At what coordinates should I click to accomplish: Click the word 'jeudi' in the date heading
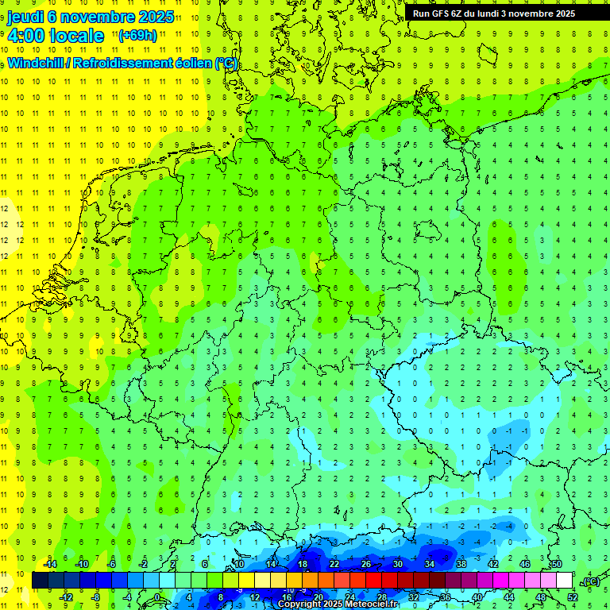click(x=25, y=16)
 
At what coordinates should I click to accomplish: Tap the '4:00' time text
click(x=25, y=36)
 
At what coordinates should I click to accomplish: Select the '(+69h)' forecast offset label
click(x=137, y=35)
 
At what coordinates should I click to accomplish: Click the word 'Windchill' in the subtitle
click(x=37, y=63)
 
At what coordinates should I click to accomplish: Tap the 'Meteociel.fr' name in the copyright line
click(x=371, y=604)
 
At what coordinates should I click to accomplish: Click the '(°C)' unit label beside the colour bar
click(x=589, y=581)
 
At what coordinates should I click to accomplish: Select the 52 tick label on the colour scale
click(x=572, y=596)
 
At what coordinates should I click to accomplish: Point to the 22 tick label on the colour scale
click(x=334, y=564)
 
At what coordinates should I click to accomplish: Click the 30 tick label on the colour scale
click(x=398, y=564)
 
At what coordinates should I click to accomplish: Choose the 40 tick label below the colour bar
click(x=477, y=596)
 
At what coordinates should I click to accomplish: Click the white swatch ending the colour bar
click(x=564, y=580)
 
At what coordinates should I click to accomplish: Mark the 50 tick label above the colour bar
click(x=556, y=564)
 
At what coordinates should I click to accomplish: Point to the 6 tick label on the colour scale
click(x=205, y=564)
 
